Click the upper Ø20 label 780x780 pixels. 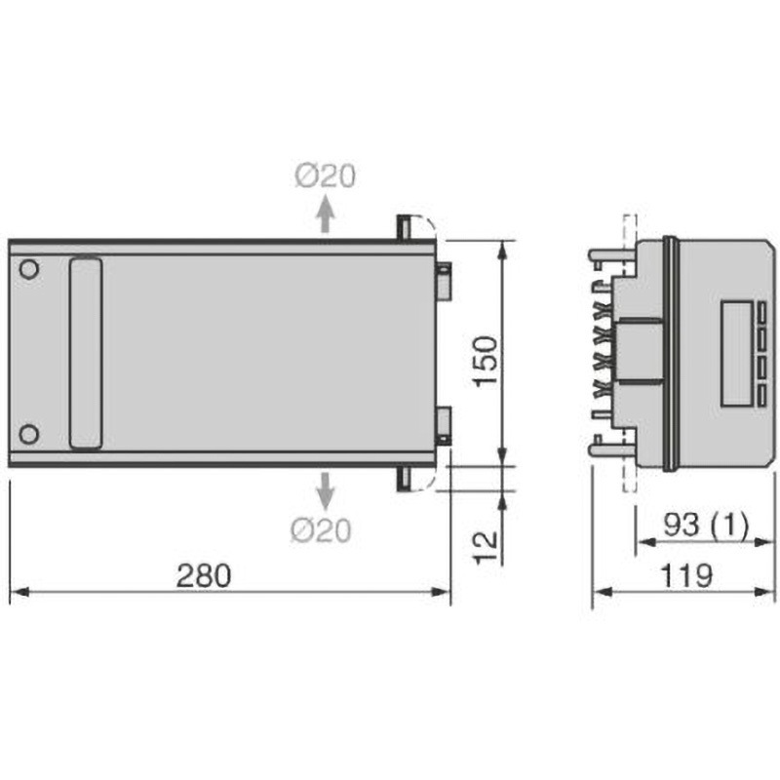click(x=325, y=176)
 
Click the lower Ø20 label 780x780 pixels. click(x=323, y=530)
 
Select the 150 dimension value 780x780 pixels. click(x=487, y=363)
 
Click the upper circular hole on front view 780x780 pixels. click(x=29, y=269)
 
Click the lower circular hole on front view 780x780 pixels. click(x=29, y=433)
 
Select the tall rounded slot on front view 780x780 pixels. click(x=86, y=352)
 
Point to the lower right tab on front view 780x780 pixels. click(x=443, y=423)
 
